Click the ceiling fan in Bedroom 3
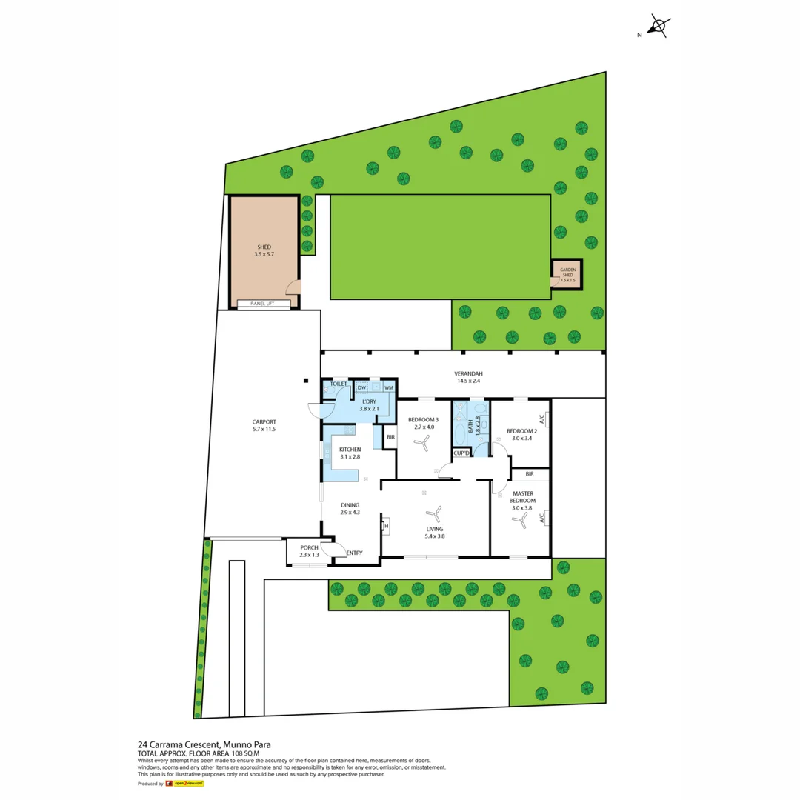point(421,444)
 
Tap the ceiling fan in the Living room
point(434,513)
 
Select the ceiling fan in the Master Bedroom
point(521,522)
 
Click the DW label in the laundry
point(362,387)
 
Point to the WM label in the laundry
point(388,387)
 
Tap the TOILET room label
point(339,384)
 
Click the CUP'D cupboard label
point(461,453)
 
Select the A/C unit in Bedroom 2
point(543,419)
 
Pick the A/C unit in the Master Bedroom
point(543,516)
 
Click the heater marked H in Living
point(386,527)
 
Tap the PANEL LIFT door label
point(264,304)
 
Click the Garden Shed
point(567,275)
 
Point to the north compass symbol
point(657,27)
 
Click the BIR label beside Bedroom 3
point(390,437)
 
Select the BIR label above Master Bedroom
point(529,473)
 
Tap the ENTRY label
point(354,553)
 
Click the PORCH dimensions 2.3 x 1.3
point(309,555)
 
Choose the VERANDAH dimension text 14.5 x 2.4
point(468,381)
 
